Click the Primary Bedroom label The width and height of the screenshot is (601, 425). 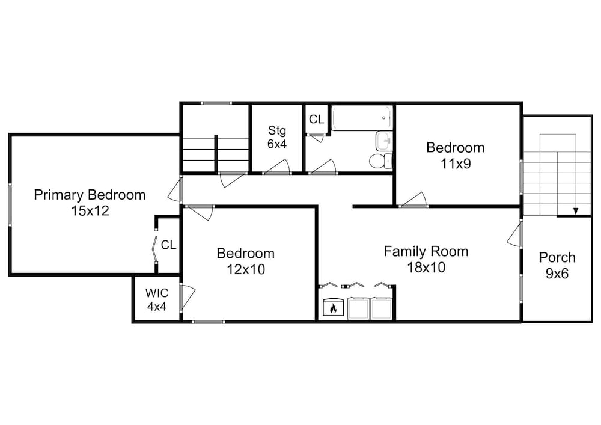(90, 195)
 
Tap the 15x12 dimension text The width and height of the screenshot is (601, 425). (90, 211)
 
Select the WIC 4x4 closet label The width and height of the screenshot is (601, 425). (157, 299)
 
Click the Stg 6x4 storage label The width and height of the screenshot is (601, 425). (276, 137)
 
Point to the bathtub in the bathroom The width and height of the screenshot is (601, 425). (362, 118)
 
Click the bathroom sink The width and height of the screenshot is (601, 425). (384, 141)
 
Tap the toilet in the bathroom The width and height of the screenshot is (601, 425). (380, 161)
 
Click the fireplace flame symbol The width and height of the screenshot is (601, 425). (333, 307)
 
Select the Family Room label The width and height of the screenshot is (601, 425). (426, 251)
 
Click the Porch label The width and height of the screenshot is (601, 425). (557, 257)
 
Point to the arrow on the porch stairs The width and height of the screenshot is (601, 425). (575, 211)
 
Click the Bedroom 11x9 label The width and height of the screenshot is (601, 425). (456, 156)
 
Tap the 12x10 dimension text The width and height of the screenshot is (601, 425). (246, 269)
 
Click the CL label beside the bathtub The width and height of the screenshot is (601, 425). (316, 120)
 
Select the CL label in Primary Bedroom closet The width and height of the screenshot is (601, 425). (168, 245)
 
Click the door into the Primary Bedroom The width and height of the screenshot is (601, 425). (175, 190)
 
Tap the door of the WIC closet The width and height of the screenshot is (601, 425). (188, 298)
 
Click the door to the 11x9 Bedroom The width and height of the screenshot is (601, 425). (413, 200)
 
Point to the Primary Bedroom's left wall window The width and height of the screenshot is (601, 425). (10, 204)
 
